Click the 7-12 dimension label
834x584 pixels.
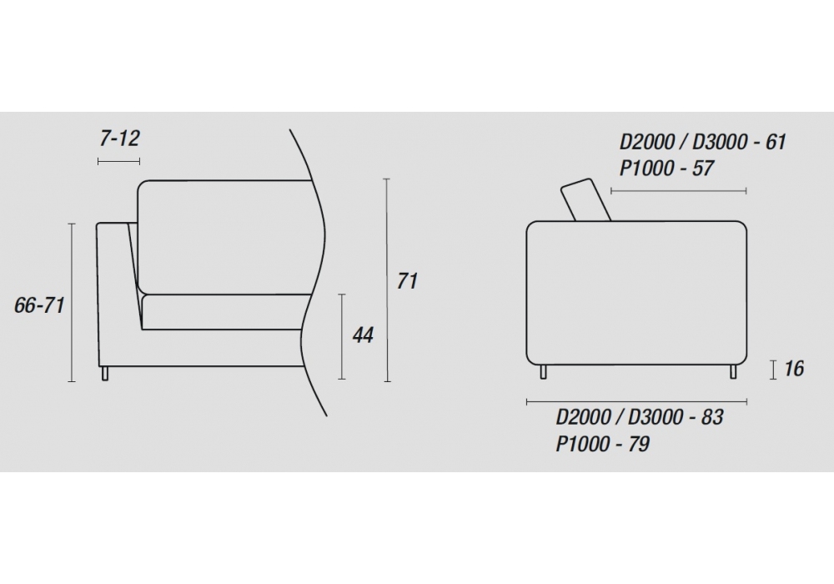[x=119, y=138]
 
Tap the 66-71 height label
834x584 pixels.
[x=39, y=305]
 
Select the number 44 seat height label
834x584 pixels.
[x=363, y=335]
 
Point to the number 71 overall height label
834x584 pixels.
[x=407, y=281]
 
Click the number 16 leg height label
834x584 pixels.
[x=794, y=369]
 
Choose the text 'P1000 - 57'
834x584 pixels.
[x=666, y=169]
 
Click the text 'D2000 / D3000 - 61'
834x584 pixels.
[x=702, y=142]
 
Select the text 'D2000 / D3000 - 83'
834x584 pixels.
[x=640, y=417]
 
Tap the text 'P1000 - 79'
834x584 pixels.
[x=603, y=444]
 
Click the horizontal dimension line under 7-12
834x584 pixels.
[x=118, y=161]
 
